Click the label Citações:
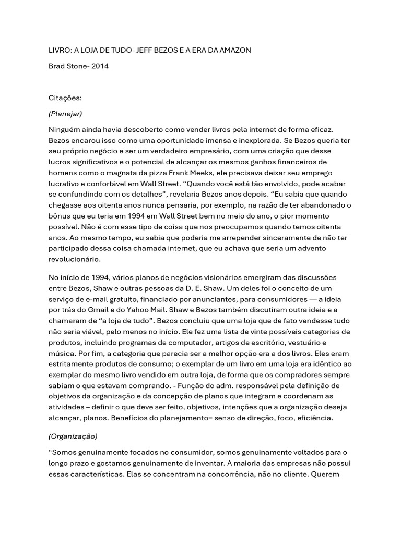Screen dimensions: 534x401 pos(65,97)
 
